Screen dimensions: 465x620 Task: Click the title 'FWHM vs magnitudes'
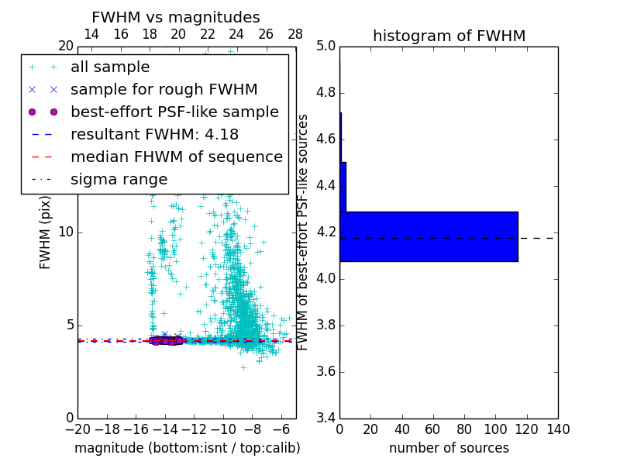click(x=175, y=17)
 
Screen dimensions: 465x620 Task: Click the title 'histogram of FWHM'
click(x=449, y=36)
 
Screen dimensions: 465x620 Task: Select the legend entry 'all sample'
click(x=110, y=67)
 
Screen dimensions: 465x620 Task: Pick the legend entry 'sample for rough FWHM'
click(x=164, y=90)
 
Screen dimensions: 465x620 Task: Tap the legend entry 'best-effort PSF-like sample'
click(x=174, y=112)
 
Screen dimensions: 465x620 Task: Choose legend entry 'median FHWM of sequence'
click(x=176, y=157)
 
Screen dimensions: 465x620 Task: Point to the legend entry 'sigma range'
click(x=119, y=180)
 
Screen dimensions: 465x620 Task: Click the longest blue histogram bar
click(x=429, y=236)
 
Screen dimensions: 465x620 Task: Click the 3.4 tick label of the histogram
click(x=325, y=418)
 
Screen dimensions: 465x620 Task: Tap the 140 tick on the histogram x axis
click(x=558, y=429)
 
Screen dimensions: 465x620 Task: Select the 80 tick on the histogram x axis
click(x=464, y=429)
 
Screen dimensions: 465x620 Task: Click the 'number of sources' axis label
click(x=449, y=448)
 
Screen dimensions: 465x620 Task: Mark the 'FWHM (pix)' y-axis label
click(x=46, y=232)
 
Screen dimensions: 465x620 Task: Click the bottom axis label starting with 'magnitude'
click(x=187, y=448)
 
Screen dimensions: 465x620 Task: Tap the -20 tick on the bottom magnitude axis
click(x=77, y=429)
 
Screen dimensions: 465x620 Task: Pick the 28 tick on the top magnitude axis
click(x=295, y=34)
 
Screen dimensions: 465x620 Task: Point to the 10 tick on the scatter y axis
click(x=65, y=232)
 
